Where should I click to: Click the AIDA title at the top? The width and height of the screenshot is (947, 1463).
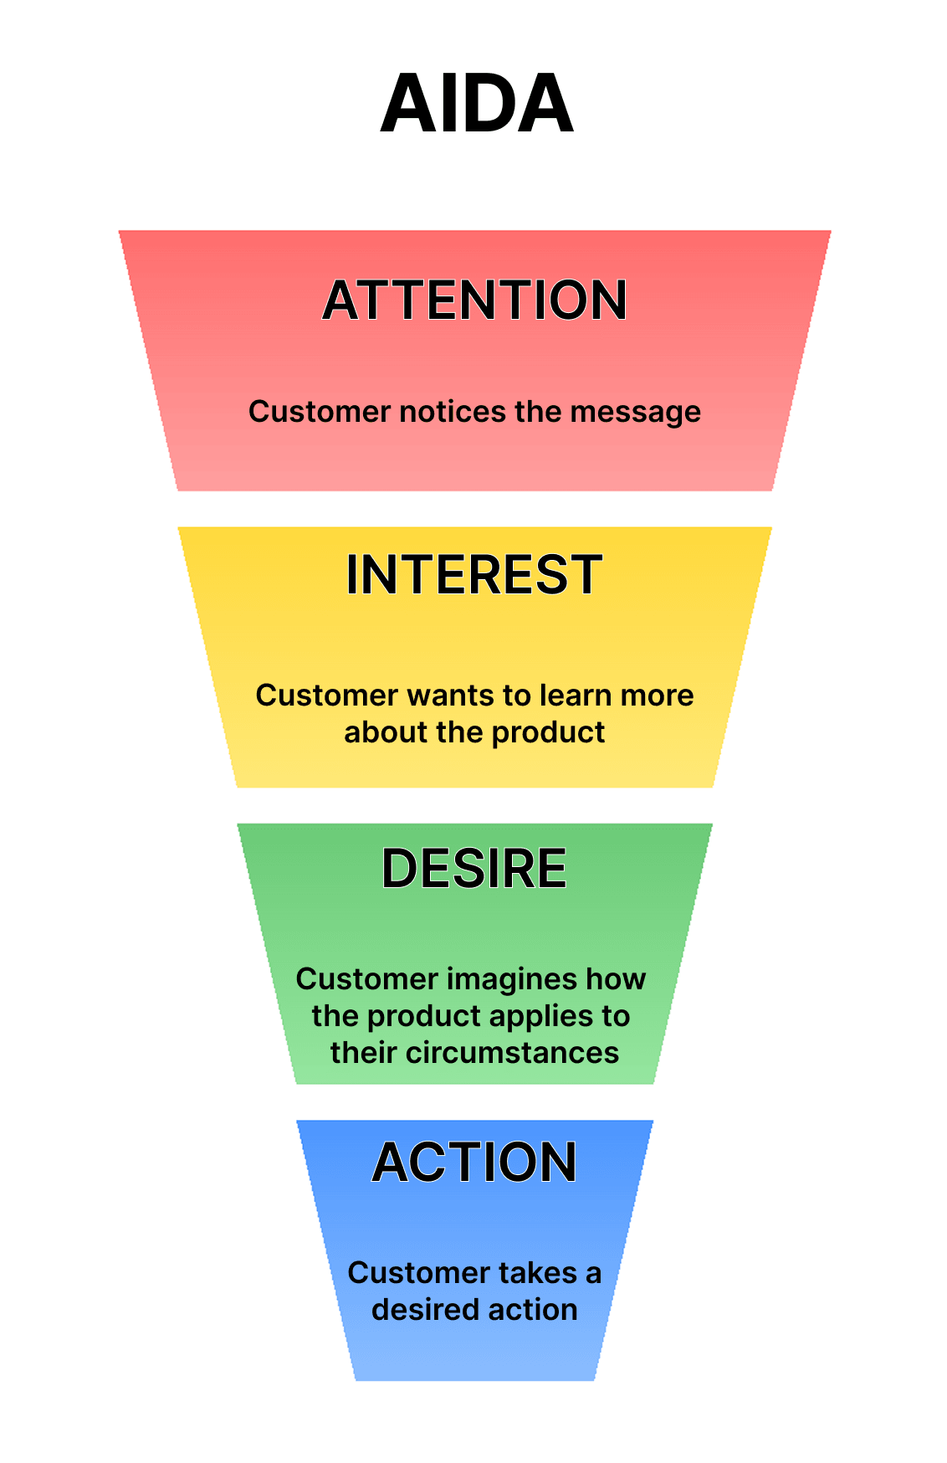tap(477, 104)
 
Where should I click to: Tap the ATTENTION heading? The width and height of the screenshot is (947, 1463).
tap(474, 300)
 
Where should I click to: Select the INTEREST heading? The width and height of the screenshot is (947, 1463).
tap(474, 575)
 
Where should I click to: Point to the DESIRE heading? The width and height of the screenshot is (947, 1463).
tap(474, 868)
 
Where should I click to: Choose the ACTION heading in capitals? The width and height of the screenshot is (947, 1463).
tap(474, 1163)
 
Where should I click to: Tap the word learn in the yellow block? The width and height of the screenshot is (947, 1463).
tap(573, 696)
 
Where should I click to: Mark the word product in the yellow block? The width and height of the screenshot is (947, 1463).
tap(548, 732)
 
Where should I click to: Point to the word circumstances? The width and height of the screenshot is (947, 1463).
tap(512, 1053)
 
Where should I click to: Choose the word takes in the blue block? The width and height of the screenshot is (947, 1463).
tap(537, 1273)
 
